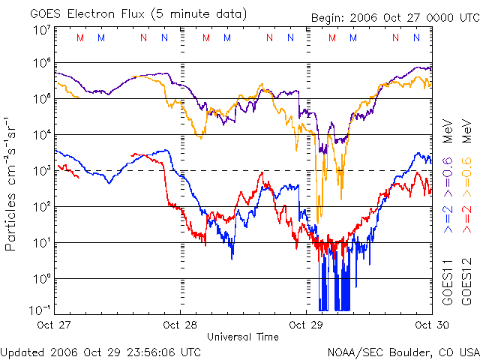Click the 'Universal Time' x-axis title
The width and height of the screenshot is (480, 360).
pyautogui.click(x=243, y=337)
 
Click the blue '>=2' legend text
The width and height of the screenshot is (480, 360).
pyautogui.click(x=448, y=218)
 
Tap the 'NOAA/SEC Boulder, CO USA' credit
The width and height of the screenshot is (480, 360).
pyautogui.click(x=403, y=351)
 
